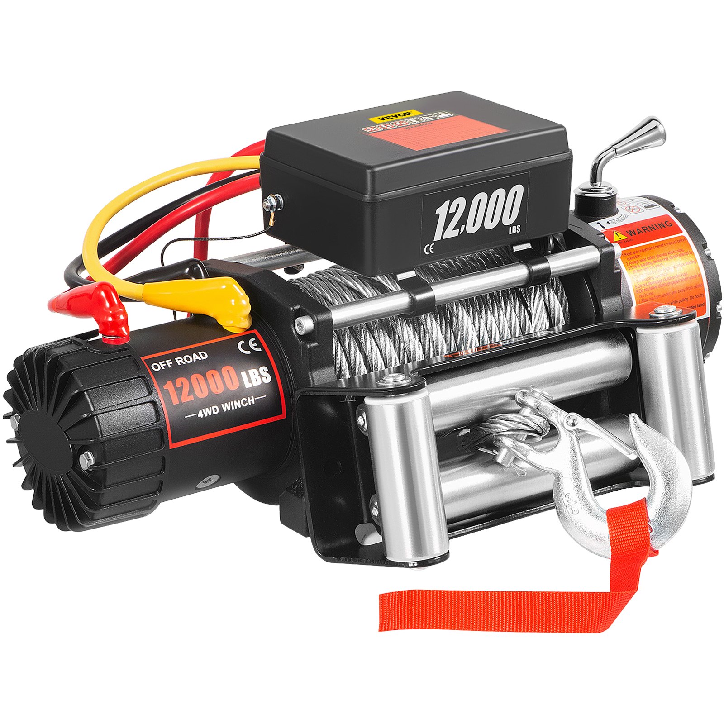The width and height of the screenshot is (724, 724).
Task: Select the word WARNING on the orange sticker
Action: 649,229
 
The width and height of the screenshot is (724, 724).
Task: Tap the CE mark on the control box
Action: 429,248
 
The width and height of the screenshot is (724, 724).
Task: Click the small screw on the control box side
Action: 273,201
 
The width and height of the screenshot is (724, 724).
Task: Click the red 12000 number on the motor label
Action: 201,382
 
